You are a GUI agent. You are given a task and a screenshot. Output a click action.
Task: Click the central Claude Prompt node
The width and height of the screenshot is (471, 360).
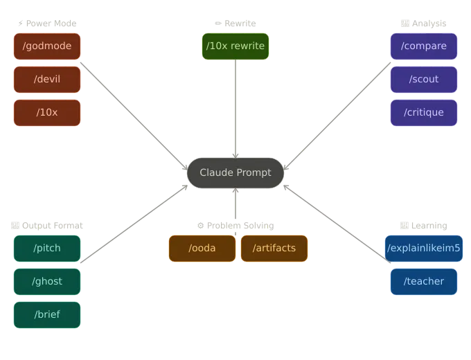tap(235, 172)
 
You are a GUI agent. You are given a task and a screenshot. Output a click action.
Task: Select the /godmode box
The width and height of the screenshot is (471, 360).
tap(47, 46)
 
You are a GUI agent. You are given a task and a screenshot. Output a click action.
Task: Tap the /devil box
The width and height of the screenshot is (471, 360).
tap(47, 80)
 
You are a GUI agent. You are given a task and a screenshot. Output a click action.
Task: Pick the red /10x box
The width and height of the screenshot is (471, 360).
tap(47, 113)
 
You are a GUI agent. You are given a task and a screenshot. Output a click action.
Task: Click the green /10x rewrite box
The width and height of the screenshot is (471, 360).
tap(235, 46)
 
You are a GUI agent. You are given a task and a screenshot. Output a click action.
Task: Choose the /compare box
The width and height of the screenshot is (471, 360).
tap(424, 46)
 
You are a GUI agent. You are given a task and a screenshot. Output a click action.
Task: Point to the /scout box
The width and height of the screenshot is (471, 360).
tap(424, 80)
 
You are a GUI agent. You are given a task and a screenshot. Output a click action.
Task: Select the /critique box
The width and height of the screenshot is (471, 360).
tap(424, 113)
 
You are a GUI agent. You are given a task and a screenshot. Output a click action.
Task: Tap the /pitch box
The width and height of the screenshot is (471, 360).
tap(47, 249)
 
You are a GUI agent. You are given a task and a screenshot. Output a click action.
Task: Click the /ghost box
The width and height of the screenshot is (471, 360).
tap(47, 282)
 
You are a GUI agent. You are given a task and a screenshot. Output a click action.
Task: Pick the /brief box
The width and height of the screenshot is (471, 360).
tap(47, 315)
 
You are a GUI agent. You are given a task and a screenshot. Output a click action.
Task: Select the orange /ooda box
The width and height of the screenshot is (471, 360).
tap(202, 249)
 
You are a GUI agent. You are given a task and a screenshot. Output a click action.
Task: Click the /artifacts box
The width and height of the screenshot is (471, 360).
tap(274, 249)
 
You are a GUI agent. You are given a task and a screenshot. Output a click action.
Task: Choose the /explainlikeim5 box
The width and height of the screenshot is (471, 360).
tap(424, 249)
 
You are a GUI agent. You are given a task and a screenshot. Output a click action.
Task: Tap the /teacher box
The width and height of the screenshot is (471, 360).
tap(424, 282)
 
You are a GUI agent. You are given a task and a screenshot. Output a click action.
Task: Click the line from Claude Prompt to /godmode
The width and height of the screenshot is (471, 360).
tap(132, 111)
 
